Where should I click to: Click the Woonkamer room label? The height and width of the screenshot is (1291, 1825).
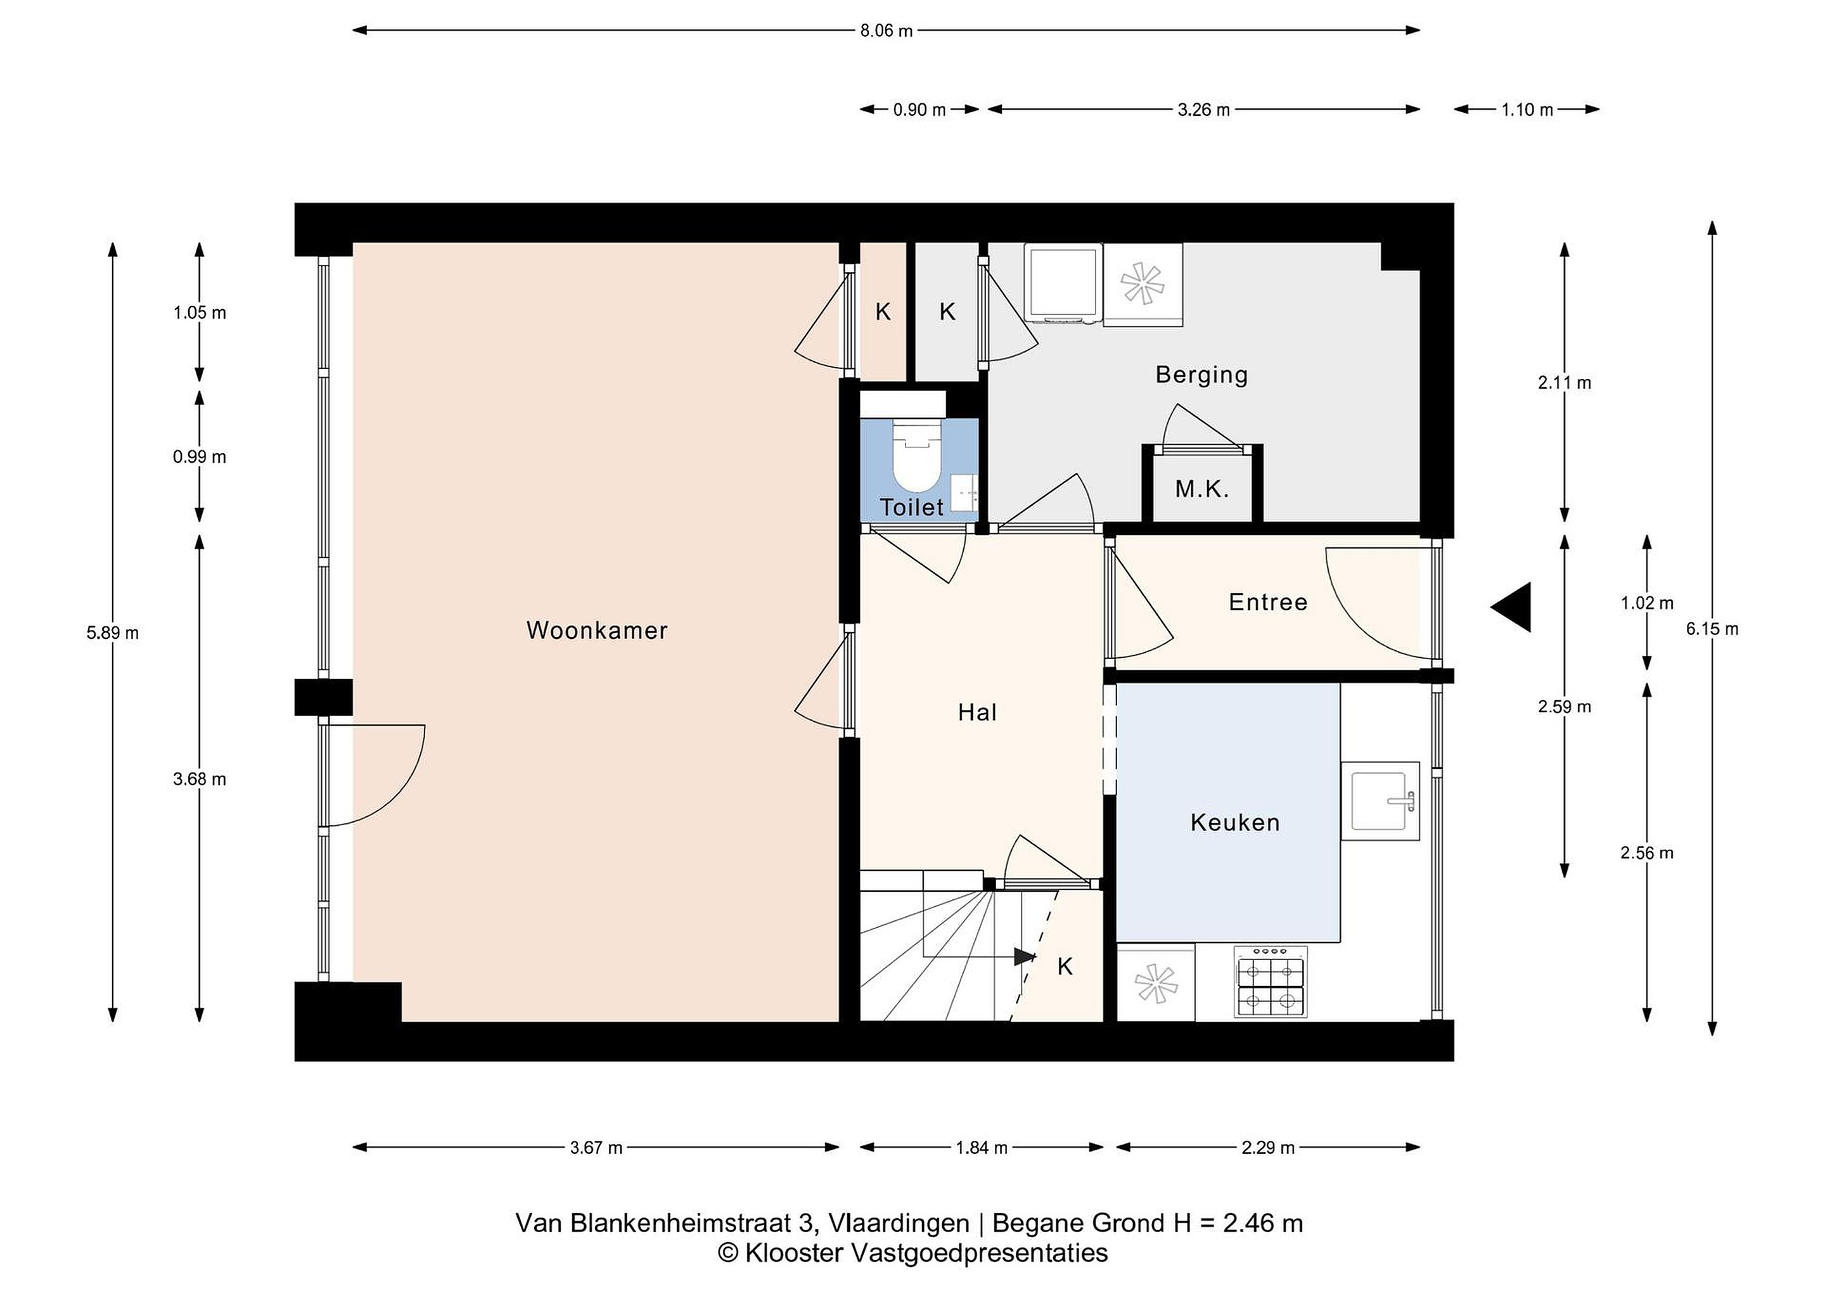[596, 631]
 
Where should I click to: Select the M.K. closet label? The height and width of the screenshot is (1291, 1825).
[1202, 490]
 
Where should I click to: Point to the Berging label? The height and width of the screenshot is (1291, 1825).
[1201, 375]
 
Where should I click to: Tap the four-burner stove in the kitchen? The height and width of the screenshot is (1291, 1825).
[1270, 982]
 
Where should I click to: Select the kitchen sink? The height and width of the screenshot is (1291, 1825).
[1381, 800]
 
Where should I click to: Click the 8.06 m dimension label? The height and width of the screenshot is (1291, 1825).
[887, 31]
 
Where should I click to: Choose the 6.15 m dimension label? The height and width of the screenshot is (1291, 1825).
[1712, 629]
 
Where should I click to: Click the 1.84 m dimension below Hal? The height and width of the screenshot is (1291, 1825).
[982, 1148]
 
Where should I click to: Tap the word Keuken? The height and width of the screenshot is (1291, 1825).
[1235, 823]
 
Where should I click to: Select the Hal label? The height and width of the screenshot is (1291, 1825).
[977, 712]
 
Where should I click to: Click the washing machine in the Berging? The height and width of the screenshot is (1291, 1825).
[1063, 284]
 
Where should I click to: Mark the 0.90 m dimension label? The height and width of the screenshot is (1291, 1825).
[919, 110]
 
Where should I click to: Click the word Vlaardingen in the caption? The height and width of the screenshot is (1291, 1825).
[899, 1223]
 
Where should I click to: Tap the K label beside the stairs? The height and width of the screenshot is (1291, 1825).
[1065, 966]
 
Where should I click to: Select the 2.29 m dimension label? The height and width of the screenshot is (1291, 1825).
[1268, 1148]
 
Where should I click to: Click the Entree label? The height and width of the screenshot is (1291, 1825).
[1268, 602]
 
